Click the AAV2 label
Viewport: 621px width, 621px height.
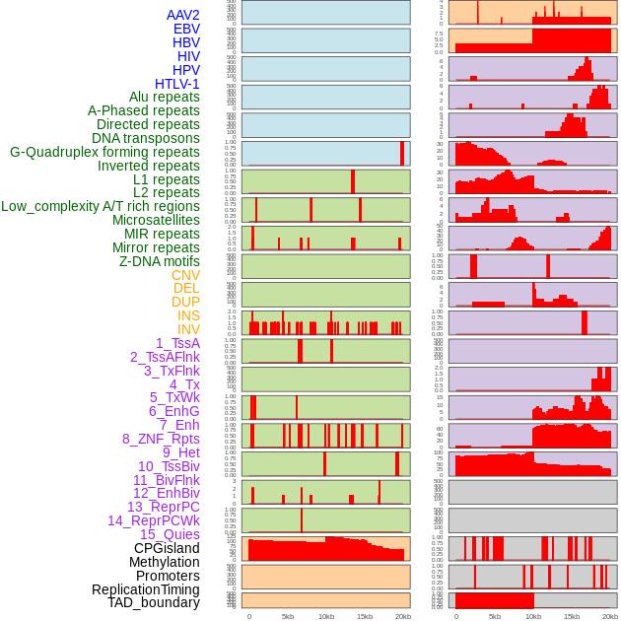click(183, 15)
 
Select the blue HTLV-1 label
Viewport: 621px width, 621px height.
click(177, 84)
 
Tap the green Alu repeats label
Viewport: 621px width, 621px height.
click(165, 98)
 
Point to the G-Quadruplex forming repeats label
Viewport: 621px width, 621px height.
click(104, 152)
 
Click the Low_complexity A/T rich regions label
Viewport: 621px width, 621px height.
click(101, 206)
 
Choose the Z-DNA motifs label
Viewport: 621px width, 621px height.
click(160, 261)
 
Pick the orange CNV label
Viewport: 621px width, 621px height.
click(185, 275)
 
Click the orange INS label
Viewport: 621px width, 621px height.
click(188, 315)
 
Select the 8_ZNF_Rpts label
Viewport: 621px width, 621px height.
click(161, 439)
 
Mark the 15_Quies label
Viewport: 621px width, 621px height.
click(170, 534)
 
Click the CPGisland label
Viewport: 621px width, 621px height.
click(167, 548)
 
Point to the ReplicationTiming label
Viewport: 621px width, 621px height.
click(146, 589)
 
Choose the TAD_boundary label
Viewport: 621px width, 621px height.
click(154, 602)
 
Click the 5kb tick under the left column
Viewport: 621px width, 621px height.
click(288, 616)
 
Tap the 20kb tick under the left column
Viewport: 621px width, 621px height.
click(403, 616)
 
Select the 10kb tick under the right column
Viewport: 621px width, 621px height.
click(533, 616)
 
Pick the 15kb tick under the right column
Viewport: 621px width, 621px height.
click(572, 616)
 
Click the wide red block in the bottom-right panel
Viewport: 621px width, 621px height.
click(494, 600)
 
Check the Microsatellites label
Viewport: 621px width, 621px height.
click(156, 220)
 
